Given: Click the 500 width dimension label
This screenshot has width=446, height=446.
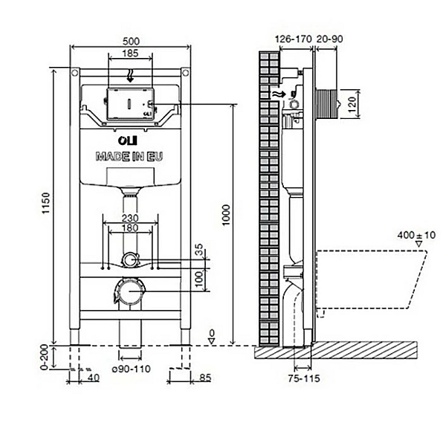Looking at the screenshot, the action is tap(131, 42).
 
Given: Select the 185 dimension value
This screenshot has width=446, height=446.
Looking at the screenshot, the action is tap(130, 54).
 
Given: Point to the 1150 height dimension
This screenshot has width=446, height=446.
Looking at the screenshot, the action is tap(46, 203).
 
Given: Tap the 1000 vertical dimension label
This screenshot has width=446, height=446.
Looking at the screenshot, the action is tap(227, 215).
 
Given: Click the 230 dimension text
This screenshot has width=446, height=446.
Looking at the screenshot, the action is tap(130, 218).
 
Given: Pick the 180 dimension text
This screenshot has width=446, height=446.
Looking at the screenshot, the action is tap(130, 228).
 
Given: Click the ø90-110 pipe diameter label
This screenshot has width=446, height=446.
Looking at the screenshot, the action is tap(131, 369).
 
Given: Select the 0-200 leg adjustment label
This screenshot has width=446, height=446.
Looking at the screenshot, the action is tap(45, 357).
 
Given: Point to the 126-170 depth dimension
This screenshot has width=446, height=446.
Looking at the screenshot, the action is tap(294, 39).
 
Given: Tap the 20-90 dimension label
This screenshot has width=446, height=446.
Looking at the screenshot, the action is tap(330, 39).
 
